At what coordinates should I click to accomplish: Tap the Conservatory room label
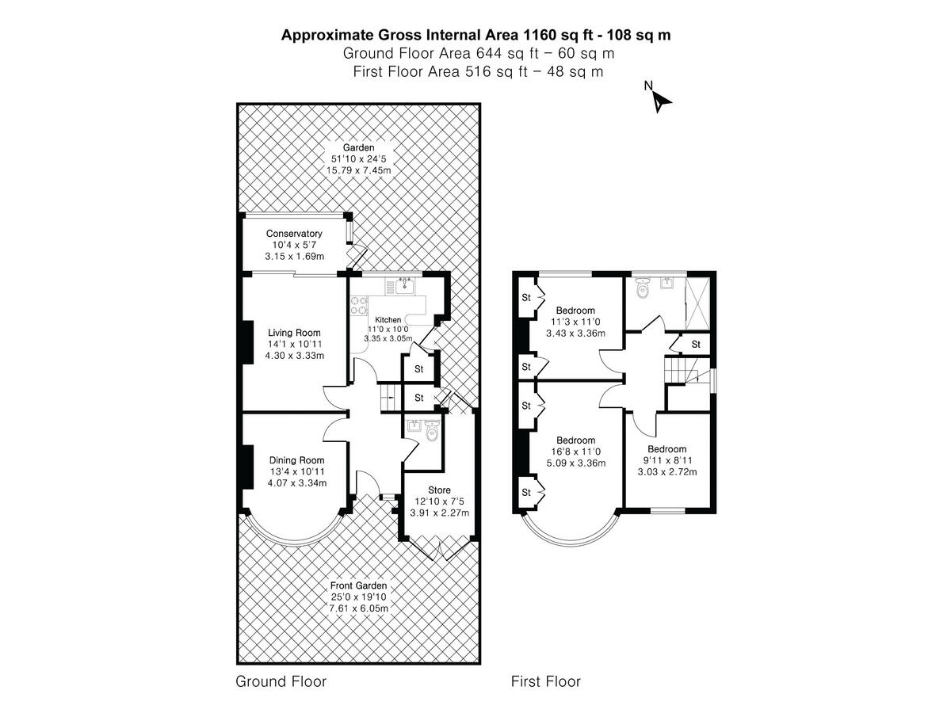click(x=293, y=234)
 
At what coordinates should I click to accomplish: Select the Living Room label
click(x=294, y=332)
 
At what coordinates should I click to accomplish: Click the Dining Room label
click(x=296, y=460)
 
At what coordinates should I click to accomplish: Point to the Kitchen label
click(x=388, y=319)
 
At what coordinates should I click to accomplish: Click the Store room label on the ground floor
click(x=439, y=490)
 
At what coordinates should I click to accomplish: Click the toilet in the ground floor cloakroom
click(x=431, y=433)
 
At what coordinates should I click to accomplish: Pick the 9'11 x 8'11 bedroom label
click(x=666, y=449)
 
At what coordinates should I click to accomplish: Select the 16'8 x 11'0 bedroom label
click(x=575, y=440)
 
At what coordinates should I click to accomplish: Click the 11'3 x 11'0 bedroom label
click(x=575, y=310)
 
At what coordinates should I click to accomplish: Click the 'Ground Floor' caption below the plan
click(x=281, y=681)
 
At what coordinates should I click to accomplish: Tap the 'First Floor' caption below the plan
click(x=546, y=681)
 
